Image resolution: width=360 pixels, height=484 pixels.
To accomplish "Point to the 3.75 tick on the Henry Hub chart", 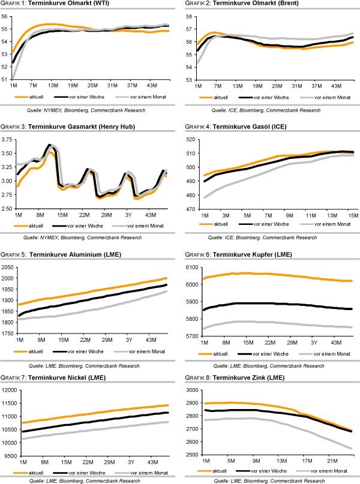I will tap(8, 140).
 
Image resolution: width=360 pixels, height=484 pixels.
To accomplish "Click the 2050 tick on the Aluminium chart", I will tap(8, 267).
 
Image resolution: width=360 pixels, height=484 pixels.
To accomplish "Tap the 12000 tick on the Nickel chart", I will tap(8, 390).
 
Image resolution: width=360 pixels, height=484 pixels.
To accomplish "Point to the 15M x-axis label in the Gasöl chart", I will tap(352, 215).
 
